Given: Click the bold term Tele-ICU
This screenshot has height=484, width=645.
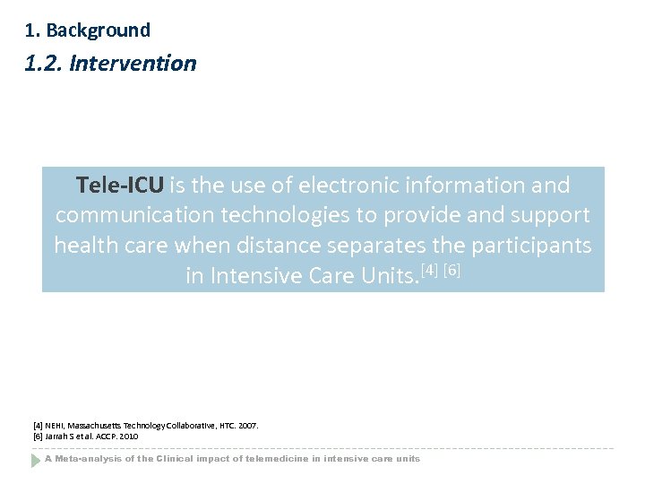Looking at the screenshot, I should (x=120, y=186).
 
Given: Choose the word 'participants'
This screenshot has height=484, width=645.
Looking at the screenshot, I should (x=534, y=245).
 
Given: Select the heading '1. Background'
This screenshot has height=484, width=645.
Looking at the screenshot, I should (x=88, y=30).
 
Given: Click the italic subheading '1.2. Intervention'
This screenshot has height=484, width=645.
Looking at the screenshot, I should (x=110, y=64).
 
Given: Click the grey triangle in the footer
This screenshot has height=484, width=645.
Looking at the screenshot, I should (x=36, y=459).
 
